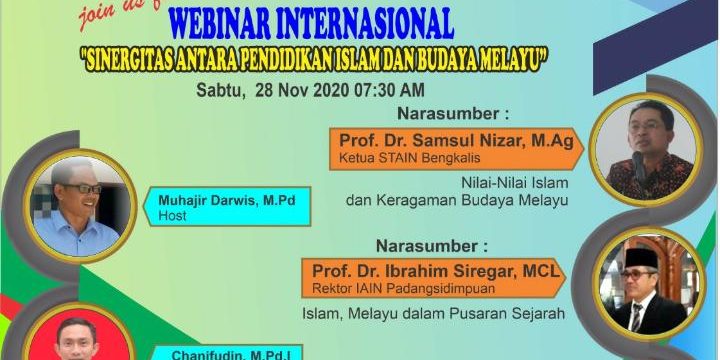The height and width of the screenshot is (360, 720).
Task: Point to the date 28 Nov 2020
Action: pos(294,90)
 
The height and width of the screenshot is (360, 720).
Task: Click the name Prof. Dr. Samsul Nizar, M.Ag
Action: pos(455,141)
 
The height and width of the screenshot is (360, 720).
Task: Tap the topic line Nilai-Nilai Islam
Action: pos(514,183)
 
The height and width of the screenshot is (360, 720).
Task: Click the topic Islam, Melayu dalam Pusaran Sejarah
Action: pos(434,313)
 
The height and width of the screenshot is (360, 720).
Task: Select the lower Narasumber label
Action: pos(432,244)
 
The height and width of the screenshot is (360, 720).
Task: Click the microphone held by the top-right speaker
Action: pos(637,162)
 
